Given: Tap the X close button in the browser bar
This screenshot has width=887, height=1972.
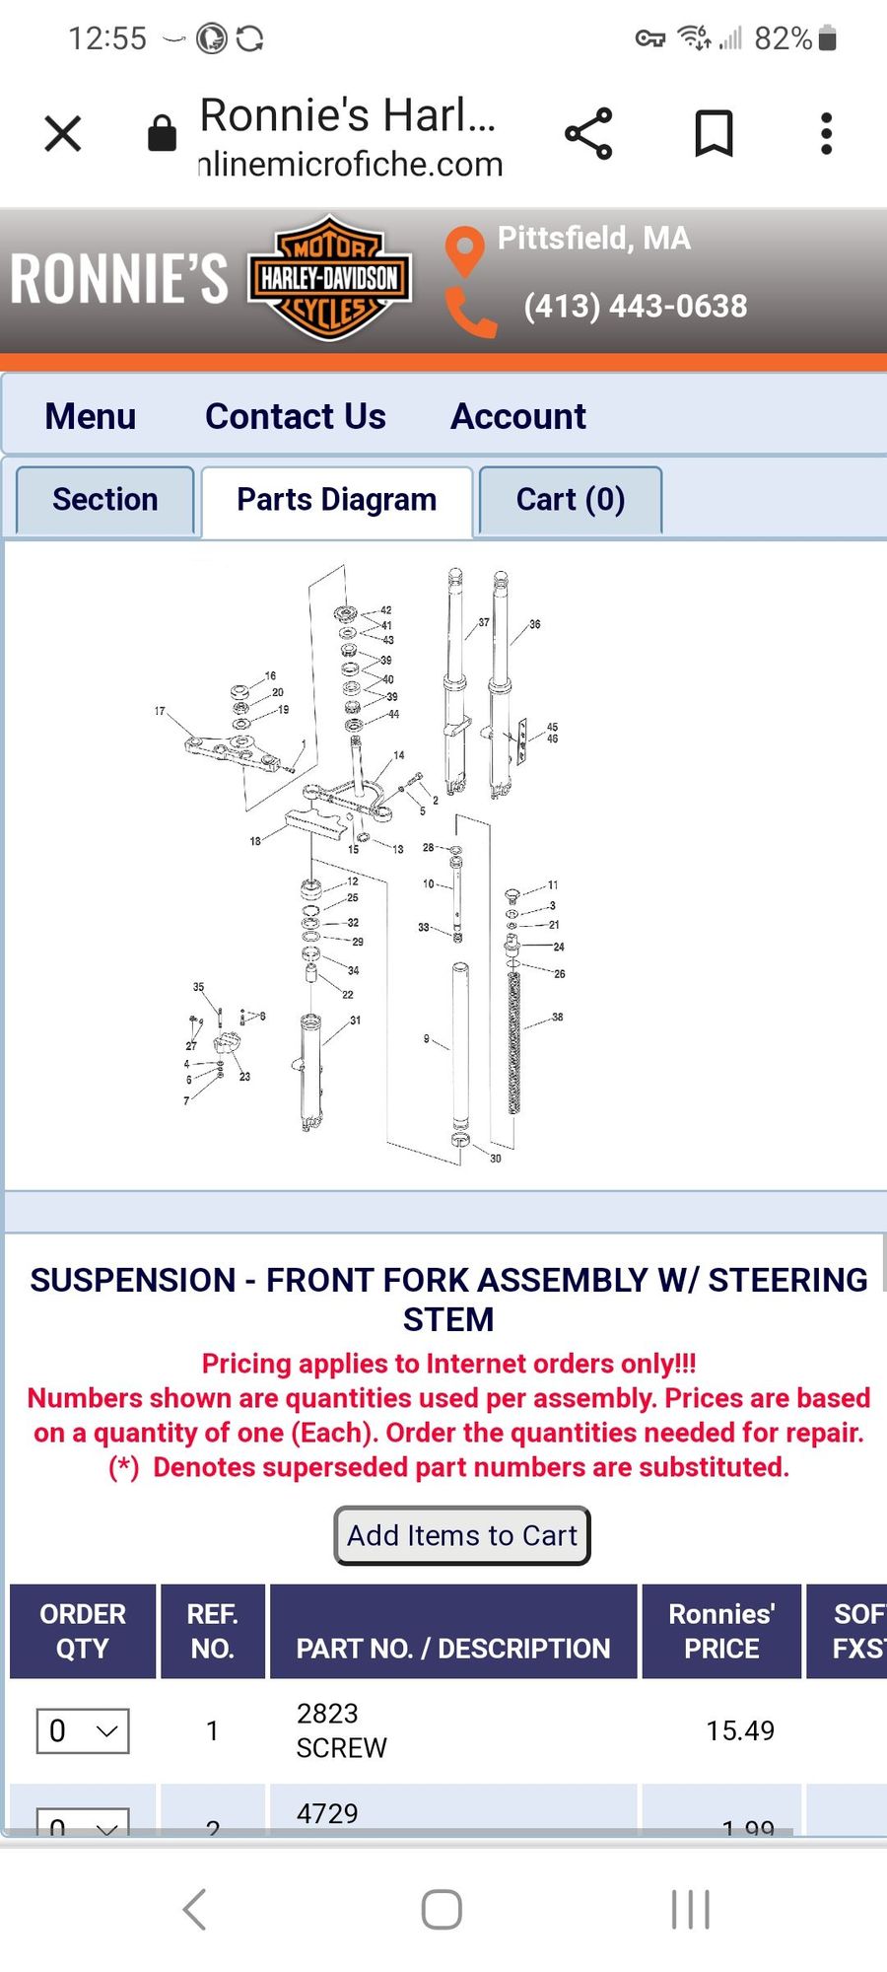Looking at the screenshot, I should coord(63,133).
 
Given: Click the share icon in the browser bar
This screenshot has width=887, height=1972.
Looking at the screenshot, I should coord(588,133).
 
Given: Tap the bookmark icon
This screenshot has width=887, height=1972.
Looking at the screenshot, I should coord(714,133).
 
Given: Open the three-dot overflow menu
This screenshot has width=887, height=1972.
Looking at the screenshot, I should coord(826,133).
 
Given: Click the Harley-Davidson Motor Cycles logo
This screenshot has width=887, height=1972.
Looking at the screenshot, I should coord(329,278).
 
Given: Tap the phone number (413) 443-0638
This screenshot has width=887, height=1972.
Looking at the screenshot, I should coord(635,306).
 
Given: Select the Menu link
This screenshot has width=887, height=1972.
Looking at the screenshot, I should coord(90,416).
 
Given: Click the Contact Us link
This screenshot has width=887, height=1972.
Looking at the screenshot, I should coord(295,416).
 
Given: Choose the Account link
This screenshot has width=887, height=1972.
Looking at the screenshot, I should coord(517,416).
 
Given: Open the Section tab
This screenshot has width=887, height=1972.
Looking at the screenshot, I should coord(104,500).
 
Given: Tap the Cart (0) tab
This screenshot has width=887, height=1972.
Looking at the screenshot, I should coord(570,500).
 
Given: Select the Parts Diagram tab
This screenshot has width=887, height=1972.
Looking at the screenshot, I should coord(336,500).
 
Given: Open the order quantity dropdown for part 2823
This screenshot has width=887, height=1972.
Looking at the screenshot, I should coord(83,1730).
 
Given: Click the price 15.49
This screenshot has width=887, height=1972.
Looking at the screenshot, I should coord(739,1730).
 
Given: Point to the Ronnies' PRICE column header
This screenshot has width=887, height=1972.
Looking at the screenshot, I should coord(721,1631).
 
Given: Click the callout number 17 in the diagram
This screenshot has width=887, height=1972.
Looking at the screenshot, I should coord(160,711).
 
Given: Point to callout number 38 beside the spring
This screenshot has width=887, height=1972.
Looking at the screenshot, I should coord(558,1017).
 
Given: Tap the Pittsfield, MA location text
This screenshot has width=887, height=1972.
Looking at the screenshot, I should coord(593,239).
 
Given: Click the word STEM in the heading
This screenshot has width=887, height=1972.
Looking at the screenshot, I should coord(448,1319).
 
